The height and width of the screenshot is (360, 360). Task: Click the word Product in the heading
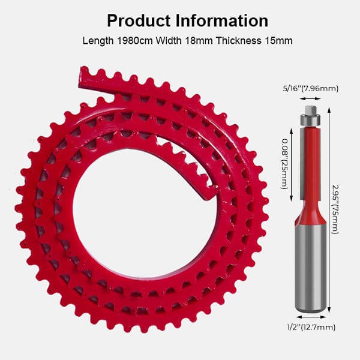click(139, 21)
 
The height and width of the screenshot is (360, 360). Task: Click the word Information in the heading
click(222, 21)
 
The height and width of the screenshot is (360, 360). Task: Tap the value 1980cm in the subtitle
click(135, 41)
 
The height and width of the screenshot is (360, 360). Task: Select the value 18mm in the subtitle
click(199, 41)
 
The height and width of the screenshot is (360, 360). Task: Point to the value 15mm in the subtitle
click(279, 41)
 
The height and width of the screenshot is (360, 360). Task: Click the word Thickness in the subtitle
click(239, 41)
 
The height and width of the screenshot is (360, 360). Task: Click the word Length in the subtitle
click(98, 41)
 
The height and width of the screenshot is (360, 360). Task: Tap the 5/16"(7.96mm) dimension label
click(310, 89)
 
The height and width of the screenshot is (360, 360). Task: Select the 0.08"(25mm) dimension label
click(284, 164)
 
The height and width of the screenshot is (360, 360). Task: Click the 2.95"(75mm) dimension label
click(335, 209)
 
